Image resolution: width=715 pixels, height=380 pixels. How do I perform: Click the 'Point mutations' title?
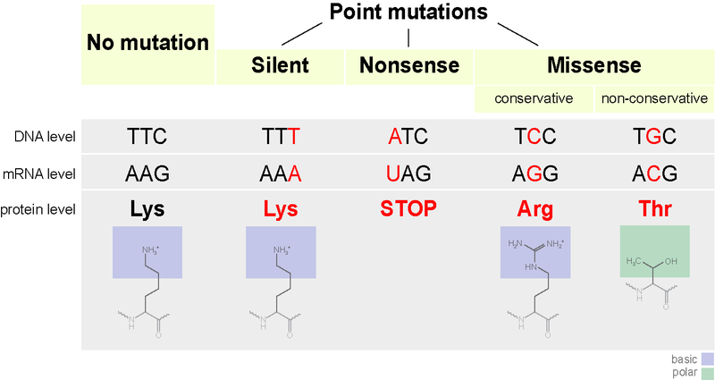408,13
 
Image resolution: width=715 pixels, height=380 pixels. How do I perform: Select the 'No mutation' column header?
147,43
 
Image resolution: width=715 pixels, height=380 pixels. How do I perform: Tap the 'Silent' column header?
280,65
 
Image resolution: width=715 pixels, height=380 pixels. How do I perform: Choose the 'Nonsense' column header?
408,65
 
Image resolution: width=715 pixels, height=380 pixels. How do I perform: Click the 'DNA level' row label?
46,137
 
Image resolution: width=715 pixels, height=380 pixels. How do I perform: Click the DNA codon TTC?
147,137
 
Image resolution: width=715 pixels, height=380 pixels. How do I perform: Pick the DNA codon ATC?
408,137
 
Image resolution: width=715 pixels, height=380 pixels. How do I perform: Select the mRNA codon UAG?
408,173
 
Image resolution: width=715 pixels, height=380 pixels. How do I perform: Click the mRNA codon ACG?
655,173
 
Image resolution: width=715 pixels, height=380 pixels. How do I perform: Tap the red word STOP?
408,209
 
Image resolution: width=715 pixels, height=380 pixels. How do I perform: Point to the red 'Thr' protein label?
655,209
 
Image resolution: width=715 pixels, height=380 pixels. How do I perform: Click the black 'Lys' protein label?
147,209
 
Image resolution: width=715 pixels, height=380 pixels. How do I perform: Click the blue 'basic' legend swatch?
705,359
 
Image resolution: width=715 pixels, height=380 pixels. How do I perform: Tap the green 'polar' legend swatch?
705,372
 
